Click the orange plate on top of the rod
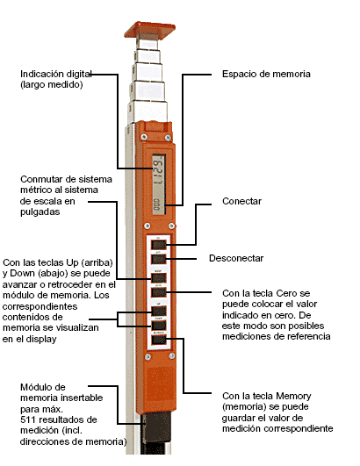point(149,30)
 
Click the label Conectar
point(241,201)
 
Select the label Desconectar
point(236,258)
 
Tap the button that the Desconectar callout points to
point(158,259)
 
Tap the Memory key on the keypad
point(158,340)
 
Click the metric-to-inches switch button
point(158,278)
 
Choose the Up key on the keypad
point(158,312)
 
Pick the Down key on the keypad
point(158,325)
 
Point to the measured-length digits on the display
point(158,170)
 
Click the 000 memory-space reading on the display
point(156,206)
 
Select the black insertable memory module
point(155,428)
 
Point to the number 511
point(28,419)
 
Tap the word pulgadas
point(40,211)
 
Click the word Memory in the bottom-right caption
point(293,396)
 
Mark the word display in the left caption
point(42,339)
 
